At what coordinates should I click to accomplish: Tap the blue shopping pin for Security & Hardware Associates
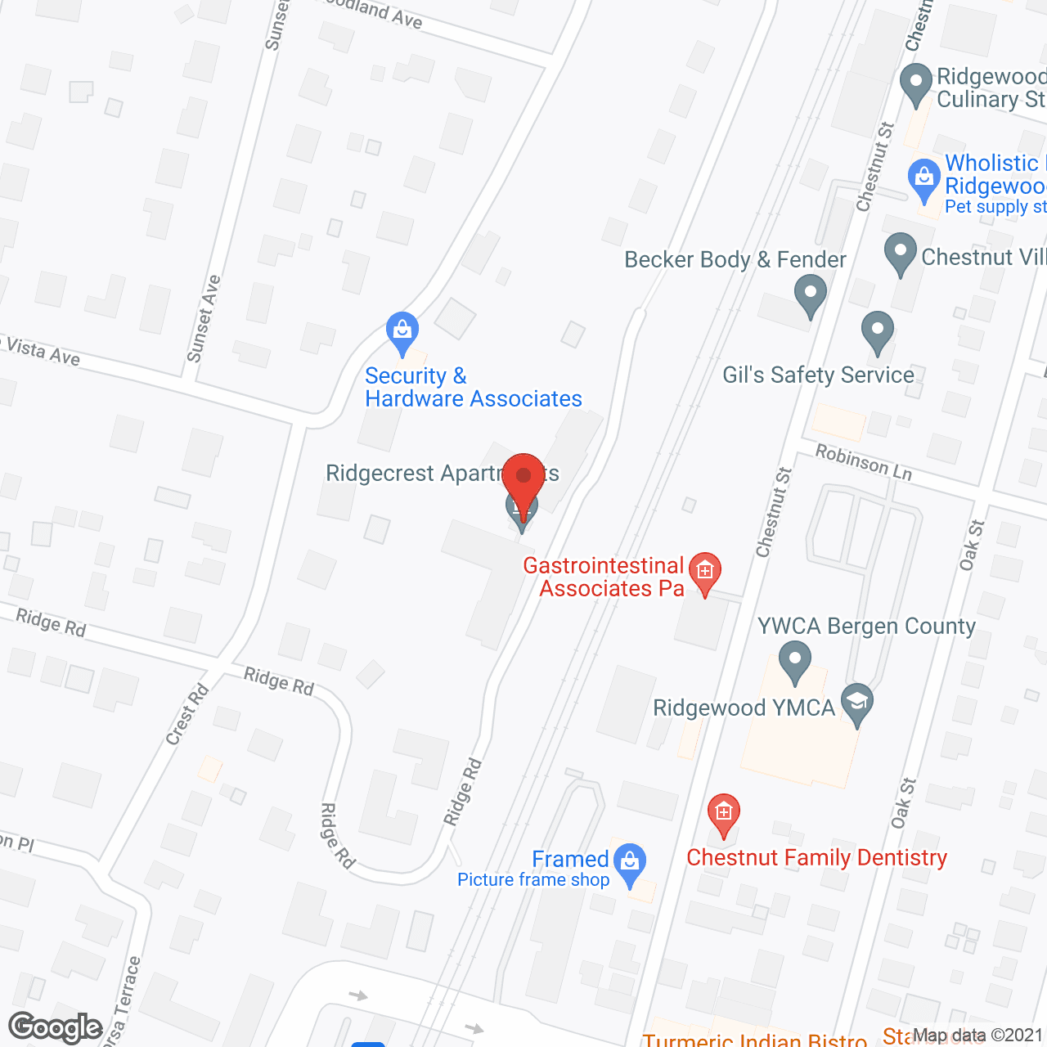[402, 331]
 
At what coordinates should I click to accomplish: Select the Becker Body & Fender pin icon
[810, 294]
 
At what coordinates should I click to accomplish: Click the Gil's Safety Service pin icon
[877, 331]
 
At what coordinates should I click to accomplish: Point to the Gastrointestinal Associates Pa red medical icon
[704, 572]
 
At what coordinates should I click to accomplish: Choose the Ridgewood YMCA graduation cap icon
[857, 703]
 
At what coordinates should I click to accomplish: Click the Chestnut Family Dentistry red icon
[723, 815]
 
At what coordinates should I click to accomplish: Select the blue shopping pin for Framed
[629, 864]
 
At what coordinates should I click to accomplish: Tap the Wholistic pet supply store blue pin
[924, 179]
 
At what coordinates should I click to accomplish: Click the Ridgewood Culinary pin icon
[916, 83]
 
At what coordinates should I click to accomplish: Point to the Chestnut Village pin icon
[900, 253]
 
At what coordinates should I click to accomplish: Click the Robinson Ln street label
[863, 463]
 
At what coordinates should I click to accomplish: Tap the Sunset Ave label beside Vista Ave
[204, 319]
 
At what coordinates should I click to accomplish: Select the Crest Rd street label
[187, 714]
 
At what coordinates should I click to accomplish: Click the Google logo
[56, 1027]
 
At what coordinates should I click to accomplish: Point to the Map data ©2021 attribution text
[977, 1036]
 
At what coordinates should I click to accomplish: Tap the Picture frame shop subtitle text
[533, 880]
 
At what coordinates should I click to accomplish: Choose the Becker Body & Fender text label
[735, 260]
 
